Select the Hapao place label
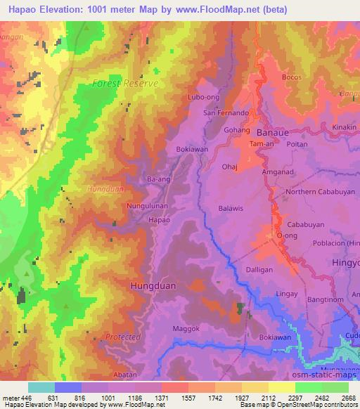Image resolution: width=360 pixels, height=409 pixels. click(x=158, y=220)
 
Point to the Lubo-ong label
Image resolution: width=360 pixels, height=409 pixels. click(x=203, y=98)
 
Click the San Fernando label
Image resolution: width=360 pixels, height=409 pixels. click(x=226, y=112)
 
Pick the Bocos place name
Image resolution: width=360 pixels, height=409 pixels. click(x=291, y=76)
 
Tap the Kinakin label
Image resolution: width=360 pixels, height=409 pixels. click(x=345, y=126)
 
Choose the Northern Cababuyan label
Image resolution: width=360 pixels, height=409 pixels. click(x=317, y=191)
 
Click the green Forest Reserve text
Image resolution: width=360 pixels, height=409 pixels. click(x=126, y=83)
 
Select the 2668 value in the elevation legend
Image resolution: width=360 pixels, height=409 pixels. click(x=349, y=397)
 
